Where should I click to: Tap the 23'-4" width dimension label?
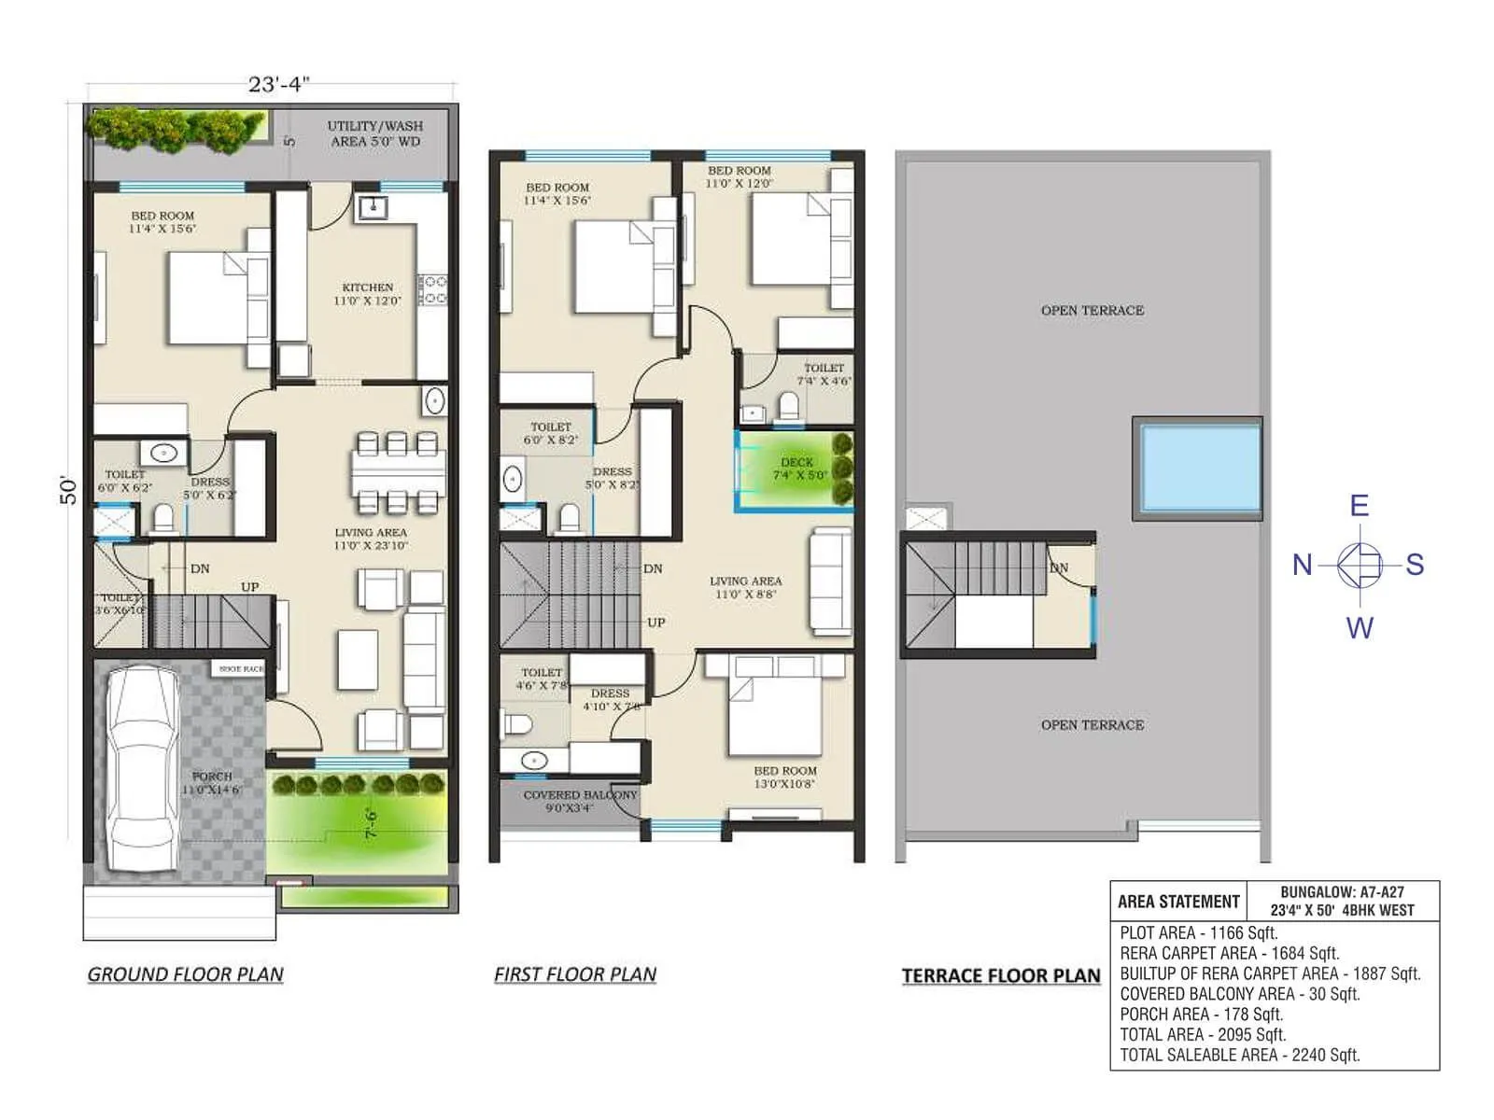click(x=278, y=84)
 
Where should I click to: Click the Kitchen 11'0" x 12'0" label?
click(x=367, y=294)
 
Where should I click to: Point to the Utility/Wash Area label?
click(x=374, y=133)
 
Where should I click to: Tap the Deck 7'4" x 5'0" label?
click(x=798, y=469)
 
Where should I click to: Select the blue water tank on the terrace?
click(x=1199, y=469)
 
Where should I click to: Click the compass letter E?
click(x=1359, y=507)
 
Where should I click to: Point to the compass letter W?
click(x=1359, y=627)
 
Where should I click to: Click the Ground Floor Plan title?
click(x=185, y=974)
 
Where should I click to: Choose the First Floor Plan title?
click(x=575, y=974)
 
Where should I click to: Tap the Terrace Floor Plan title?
click(x=1001, y=976)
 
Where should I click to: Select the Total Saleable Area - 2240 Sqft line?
click(x=1239, y=1055)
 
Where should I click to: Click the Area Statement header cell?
click(x=1178, y=902)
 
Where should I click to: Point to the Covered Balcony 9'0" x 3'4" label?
click(x=579, y=801)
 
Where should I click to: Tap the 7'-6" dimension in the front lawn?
click(x=371, y=823)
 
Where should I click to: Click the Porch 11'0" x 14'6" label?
click(x=212, y=782)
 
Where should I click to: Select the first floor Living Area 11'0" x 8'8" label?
click(x=745, y=587)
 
